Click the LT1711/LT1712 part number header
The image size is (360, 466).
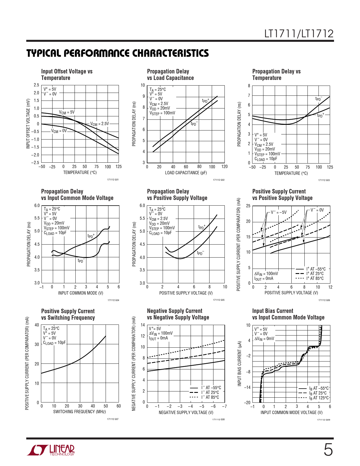click(x=299, y=34)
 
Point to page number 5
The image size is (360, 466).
click(x=328, y=450)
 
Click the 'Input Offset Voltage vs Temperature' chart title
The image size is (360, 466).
click(x=67, y=75)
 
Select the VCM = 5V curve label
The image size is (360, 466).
click(x=67, y=112)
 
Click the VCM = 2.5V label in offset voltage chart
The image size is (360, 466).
click(x=99, y=124)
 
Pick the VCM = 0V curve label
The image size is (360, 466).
click(x=59, y=131)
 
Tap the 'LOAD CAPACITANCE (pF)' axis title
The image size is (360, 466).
click(x=186, y=173)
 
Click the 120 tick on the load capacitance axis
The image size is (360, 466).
click(x=224, y=167)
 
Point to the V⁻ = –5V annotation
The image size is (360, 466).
click(x=279, y=212)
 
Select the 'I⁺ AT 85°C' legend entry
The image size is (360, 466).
click(x=315, y=278)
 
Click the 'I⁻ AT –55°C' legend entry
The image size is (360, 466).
click(x=211, y=388)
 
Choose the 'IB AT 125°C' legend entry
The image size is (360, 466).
click(x=319, y=398)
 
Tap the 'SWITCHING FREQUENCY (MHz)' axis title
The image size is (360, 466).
click(x=79, y=412)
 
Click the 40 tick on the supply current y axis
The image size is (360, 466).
click(x=37, y=325)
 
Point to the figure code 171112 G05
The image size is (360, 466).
click(x=219, y=300)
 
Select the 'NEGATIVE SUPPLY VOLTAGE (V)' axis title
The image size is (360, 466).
click(x=186, y=413)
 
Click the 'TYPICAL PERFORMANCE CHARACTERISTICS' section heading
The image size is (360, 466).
click(x=117, y=53)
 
